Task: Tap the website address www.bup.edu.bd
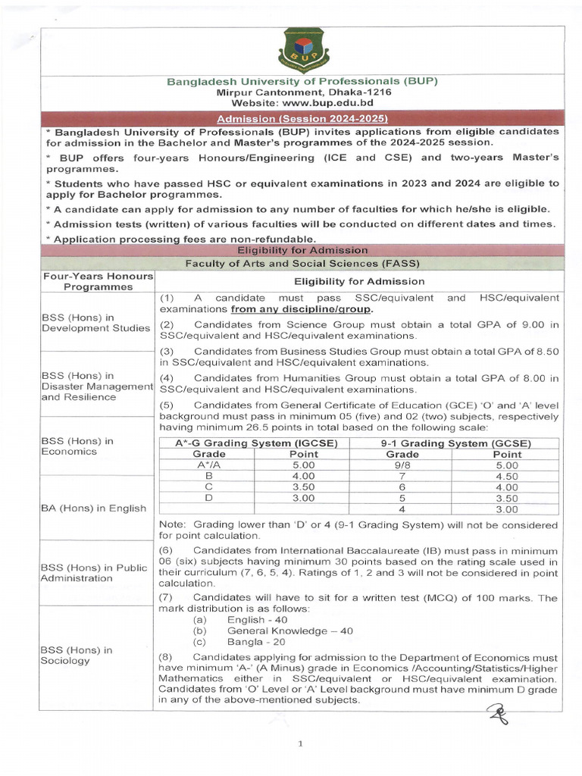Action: [302, 102]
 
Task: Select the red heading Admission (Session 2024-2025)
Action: [302, 119]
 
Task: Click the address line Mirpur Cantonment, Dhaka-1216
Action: [302, 92]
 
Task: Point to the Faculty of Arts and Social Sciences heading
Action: [302, 263]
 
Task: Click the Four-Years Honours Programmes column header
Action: [98, 281]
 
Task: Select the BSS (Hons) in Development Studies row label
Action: [95, 322]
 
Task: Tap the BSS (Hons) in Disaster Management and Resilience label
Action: [97, 386]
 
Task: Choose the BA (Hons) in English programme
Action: [93, 508]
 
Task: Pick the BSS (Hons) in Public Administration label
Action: [95, 573]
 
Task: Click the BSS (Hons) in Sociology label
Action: [77, 655]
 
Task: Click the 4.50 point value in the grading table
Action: [506, 477]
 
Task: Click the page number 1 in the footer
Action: [300, 743]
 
